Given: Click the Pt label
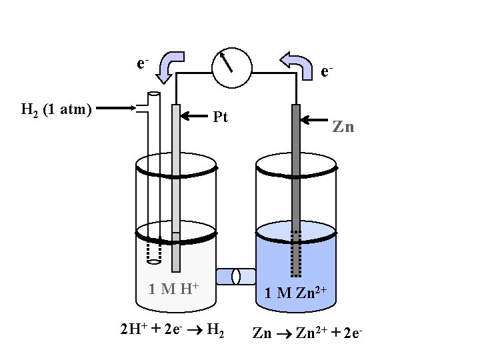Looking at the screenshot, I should click(x=221, y=117).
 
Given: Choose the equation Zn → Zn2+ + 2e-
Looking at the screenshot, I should click(x=307, y=331).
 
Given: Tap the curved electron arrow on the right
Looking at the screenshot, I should click(x=297, y=65).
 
